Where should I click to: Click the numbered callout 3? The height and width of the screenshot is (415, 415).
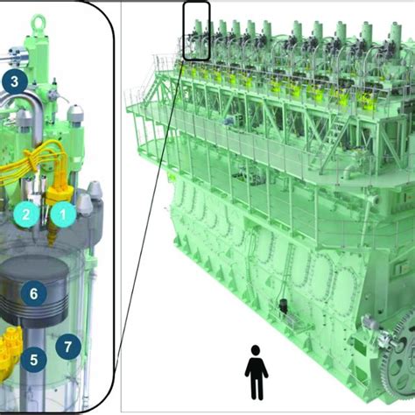[14, 82]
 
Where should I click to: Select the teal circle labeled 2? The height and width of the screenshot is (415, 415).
[28, 211]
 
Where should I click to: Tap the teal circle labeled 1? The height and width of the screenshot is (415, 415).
[61, 211]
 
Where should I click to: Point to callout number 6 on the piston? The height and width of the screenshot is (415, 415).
[33, 293]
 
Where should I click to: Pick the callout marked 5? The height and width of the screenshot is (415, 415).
[33, 358]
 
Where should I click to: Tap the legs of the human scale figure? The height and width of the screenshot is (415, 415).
[256, 387]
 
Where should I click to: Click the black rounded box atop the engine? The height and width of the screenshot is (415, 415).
[197, 31]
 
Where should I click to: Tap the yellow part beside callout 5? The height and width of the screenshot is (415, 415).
[11, 347]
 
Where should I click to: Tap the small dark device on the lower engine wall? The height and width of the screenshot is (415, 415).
[283, 308]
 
